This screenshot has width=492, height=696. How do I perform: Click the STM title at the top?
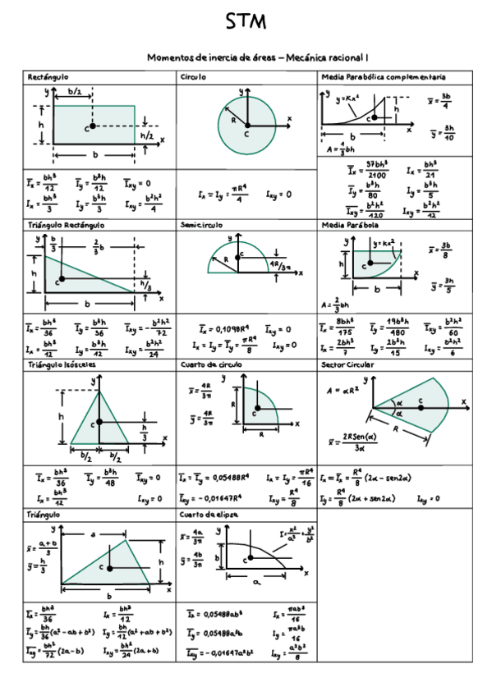[246, 23]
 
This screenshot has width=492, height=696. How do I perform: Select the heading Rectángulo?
[48, 76]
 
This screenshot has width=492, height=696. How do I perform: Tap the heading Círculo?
[193, 76]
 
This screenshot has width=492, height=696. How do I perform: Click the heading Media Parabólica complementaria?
[384, 76]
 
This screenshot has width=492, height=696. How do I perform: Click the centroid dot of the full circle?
[246, 126]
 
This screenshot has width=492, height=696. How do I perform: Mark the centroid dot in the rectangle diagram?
[94, 126]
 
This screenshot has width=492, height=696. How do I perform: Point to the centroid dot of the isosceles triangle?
[100, 422]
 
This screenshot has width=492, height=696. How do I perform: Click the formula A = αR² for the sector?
[345, 391]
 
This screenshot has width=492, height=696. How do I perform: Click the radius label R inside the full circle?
[234, 119]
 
